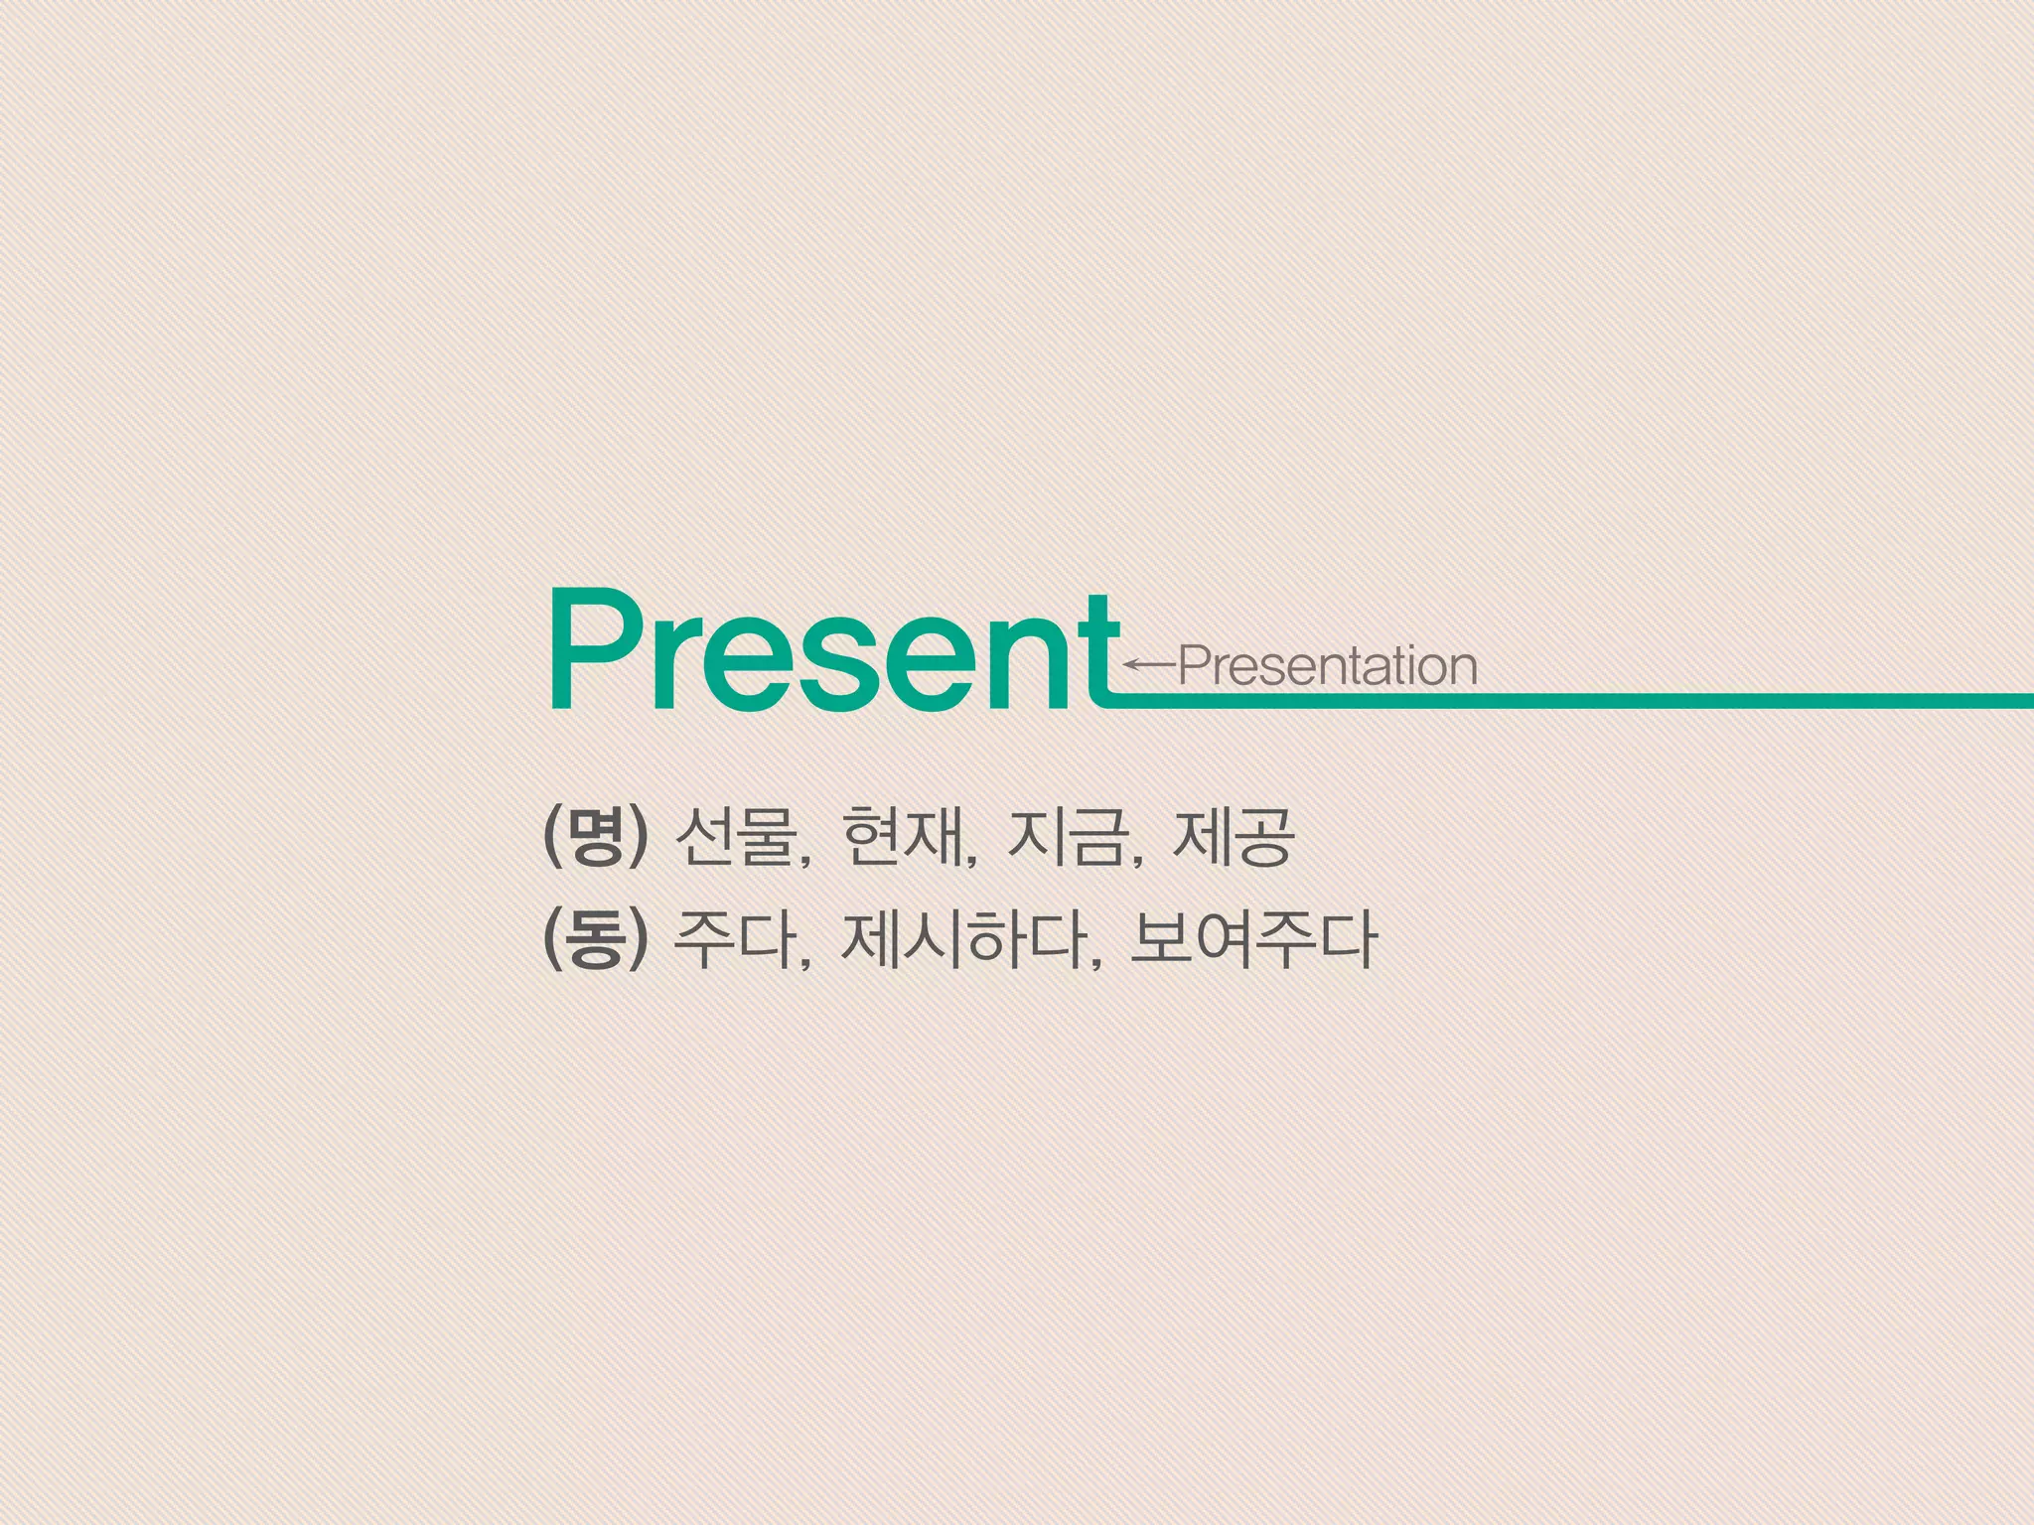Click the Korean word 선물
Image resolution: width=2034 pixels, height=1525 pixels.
tap(736, 837)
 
